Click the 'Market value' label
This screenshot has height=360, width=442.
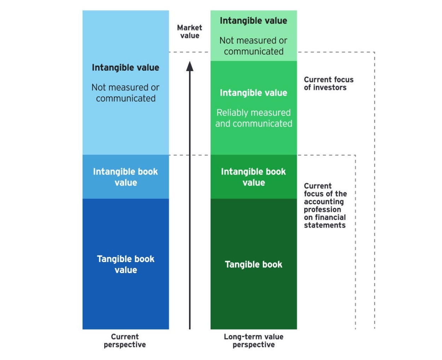pos(190,31)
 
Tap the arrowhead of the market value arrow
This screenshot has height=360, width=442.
pos(190,66)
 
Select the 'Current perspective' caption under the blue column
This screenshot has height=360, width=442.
pos(125,341)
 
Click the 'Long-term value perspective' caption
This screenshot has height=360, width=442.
pos(253,341)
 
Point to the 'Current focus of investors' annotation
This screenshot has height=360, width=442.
pos(328,83)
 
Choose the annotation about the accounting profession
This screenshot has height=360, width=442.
pos(325,205)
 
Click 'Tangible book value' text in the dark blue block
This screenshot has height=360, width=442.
pos(126,264)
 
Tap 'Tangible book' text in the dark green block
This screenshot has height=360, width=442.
pos(253,264)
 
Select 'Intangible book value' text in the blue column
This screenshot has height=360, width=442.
pos(125,177)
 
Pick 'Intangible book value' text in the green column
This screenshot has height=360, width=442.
pos(253,177)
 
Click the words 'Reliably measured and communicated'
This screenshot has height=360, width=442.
pos(254,118)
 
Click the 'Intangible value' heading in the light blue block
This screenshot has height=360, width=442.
pos(125,68)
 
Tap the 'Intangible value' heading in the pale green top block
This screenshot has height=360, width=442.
pos(253,21)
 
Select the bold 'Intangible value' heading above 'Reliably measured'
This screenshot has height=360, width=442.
pos(253,93)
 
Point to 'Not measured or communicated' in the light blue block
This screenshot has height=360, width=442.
pos(125,93)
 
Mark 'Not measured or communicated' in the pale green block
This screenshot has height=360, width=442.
pos(253,46)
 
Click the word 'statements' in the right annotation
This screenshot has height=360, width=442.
pos(325,225)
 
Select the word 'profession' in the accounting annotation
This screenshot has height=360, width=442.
pos(322,209)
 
